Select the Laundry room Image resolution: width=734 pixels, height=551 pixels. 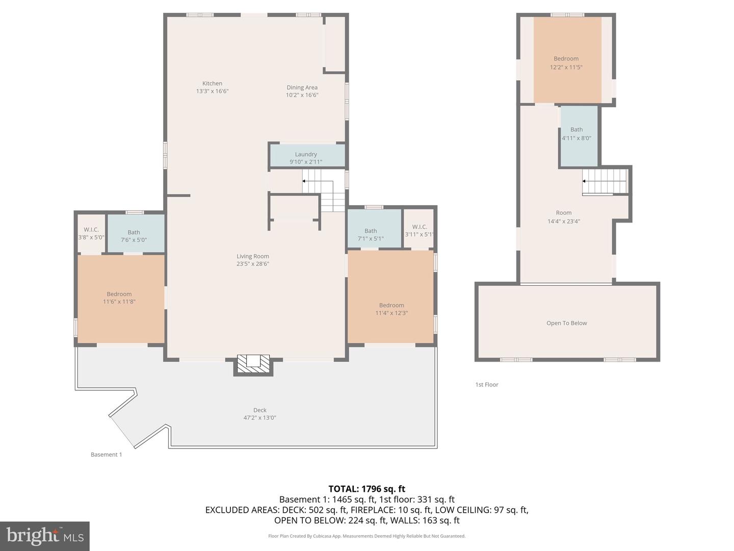point(306,157)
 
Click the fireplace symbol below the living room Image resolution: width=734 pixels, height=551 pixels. point(253,364)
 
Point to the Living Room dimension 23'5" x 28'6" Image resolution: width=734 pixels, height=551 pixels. point(253,264)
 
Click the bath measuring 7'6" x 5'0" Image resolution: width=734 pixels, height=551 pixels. point(134,236)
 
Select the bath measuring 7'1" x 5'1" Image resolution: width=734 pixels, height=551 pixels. point(371,234)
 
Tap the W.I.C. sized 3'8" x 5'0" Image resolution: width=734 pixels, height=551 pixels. point(91,233)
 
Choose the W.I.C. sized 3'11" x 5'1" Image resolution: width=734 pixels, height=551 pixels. point(419,230)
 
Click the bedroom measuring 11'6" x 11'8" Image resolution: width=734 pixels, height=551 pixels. point(119,297)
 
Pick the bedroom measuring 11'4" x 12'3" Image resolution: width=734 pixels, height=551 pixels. point(391,309)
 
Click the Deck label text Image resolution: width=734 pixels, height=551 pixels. point(260,410)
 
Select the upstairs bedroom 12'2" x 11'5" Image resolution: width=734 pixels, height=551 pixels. point(566,62)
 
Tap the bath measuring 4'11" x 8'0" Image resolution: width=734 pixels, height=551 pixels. point(576,134)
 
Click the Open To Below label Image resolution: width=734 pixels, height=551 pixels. point(566,323)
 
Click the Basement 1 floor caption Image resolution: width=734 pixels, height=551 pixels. point(106,455)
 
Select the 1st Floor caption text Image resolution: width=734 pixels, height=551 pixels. point(487,385)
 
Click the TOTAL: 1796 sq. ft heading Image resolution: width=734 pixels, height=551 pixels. point(366,489)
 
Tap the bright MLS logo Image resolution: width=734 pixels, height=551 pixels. point(45,536)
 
